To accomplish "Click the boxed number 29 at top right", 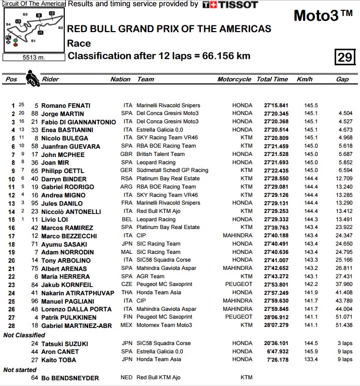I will click(x=344, y=58).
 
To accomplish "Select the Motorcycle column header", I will click(x=234, y=79).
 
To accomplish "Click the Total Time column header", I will click(x=272, y=79).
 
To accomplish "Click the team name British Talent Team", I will click(x=161, y=154).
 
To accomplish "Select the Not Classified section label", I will click(x=24, y=335).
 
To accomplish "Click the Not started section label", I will click(x=20, y=370).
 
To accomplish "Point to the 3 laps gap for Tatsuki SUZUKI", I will click(x=344, y=344).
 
